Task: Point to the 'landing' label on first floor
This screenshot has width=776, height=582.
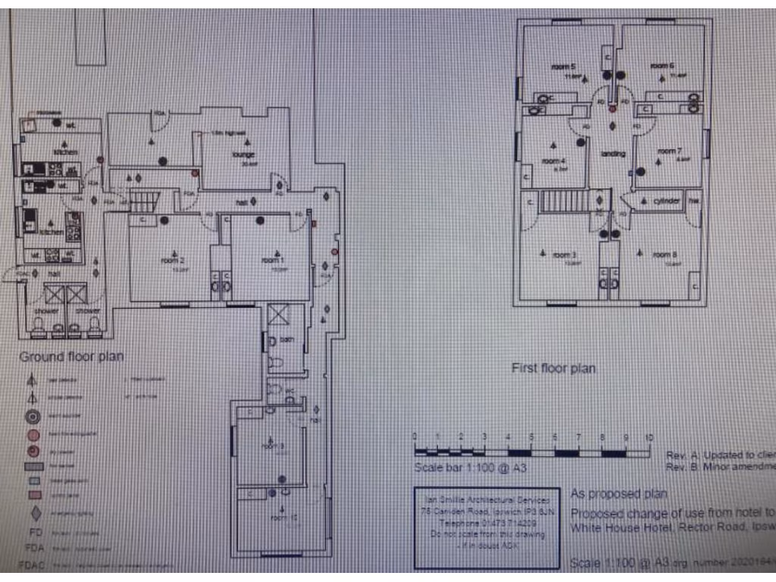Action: pos(612,155)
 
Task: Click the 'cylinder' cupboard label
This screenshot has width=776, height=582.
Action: pos(666,202)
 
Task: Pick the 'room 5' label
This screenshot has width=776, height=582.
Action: pos(563,66)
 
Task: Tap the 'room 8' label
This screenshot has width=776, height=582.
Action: pos(665,255)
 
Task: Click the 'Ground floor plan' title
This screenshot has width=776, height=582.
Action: pos(71,356)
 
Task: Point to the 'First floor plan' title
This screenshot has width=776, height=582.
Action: pos(553,369)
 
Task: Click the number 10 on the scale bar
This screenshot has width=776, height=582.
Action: pos(649,438)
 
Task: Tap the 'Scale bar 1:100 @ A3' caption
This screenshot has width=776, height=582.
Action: pos(470,468)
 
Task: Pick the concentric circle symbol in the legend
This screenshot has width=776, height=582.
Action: pos(33,416)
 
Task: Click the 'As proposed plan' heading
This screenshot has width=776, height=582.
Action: pos(618,493)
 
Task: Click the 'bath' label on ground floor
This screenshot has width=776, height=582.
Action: pos(286,340)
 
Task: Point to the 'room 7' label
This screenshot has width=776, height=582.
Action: pos(669,150)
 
